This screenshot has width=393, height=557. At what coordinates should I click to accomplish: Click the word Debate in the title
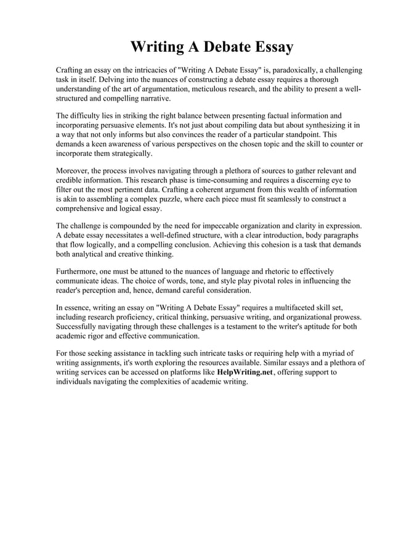[x=217, y=47]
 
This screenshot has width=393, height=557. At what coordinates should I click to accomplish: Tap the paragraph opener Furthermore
[x=78, y=271]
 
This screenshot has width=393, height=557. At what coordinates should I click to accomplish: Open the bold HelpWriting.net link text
[x=245, y=373]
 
